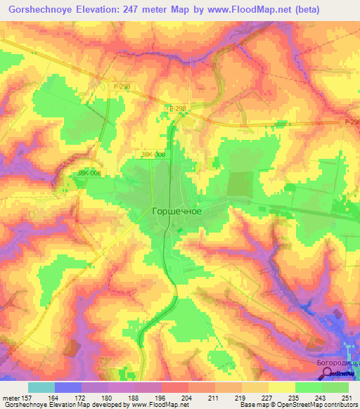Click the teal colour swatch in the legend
pyautogui.click(x=41, y=387)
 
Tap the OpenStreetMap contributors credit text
pyautogui.click(x=311, y=404)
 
